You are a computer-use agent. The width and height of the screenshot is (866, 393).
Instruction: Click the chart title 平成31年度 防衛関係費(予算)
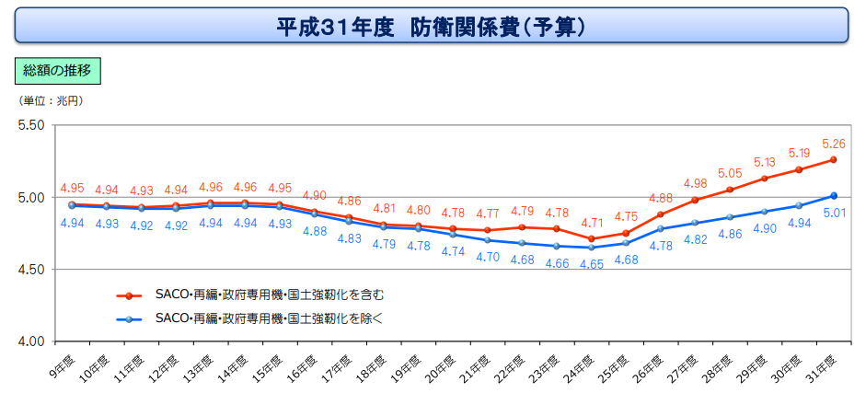point(433,25)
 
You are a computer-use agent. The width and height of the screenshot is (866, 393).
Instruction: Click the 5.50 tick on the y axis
point(32,126)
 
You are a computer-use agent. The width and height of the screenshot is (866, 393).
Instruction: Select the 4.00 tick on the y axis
point(32,341)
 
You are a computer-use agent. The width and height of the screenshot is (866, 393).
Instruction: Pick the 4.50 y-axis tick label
point(32,270)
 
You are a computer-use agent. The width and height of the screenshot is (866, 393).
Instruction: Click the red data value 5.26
point(833,144)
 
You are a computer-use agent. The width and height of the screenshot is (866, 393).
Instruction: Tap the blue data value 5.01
point(834,213)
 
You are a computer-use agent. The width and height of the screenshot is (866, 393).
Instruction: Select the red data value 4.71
point(592,222)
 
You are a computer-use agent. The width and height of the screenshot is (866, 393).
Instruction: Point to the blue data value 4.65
point(593,264)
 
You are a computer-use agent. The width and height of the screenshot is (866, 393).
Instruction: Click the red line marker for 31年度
point(833,159)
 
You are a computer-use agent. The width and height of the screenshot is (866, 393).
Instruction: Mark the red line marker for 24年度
point(592,239)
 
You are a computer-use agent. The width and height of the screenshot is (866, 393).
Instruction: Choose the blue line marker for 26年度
point(661,228)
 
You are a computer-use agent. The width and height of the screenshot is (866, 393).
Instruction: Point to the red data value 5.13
point(764,161)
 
